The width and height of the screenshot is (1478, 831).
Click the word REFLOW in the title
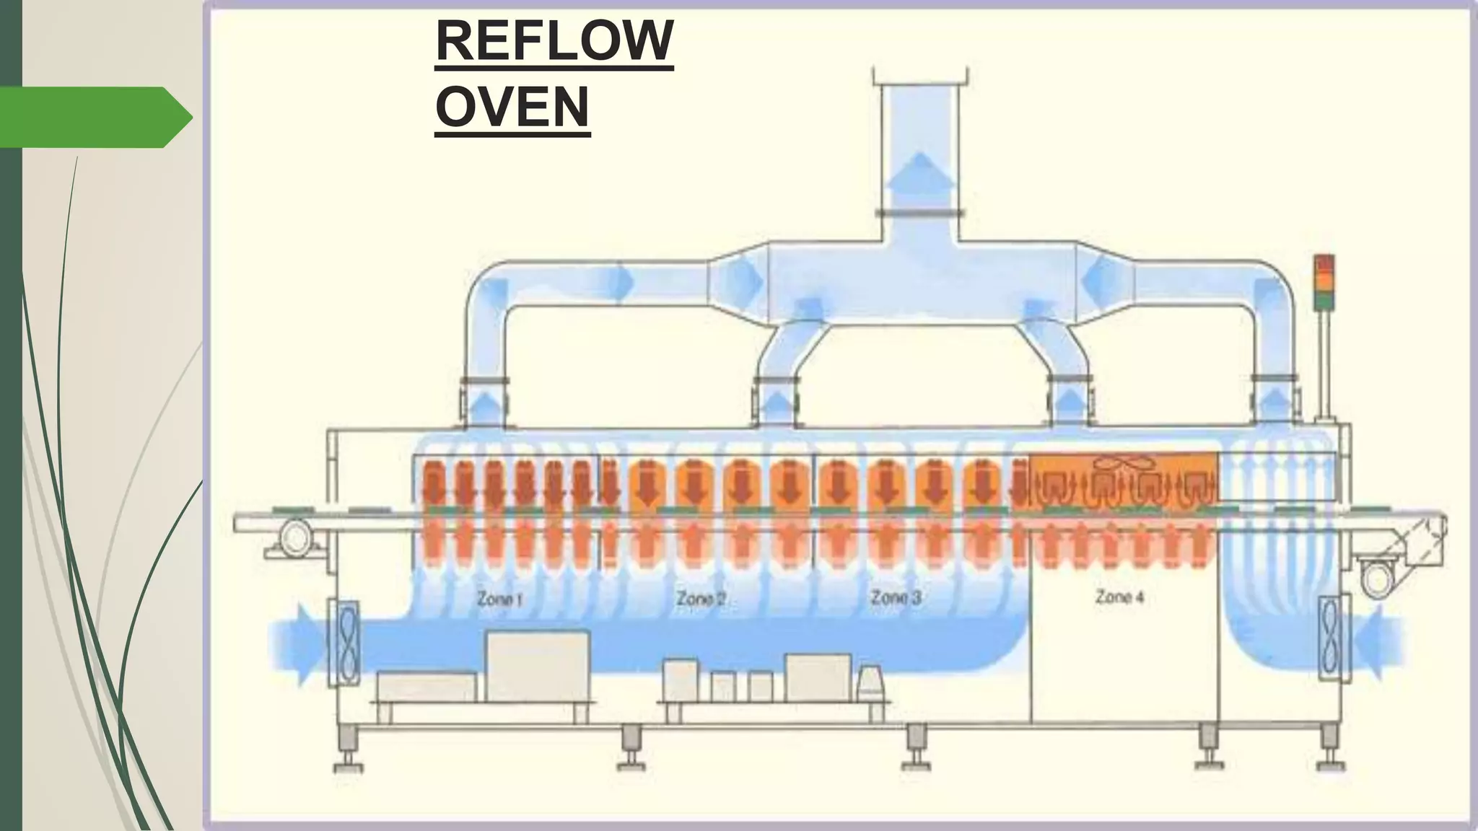(x=554, y=42)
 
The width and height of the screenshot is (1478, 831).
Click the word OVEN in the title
(x=512, y=107)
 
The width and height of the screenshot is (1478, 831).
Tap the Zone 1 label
(x=499, y=598)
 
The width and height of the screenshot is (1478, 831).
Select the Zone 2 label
(x=700, y=598)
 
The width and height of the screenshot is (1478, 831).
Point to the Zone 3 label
(x=896, y=597)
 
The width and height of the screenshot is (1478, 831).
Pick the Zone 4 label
(x=1119, y=597)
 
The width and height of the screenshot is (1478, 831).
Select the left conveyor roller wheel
(x=294, y=538)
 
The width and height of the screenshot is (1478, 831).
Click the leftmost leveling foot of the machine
(x=347, y=751)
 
